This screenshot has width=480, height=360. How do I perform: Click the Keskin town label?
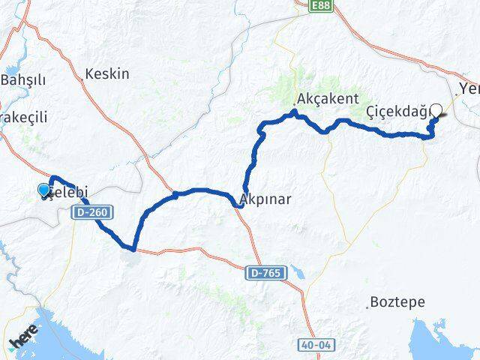pos(108,74)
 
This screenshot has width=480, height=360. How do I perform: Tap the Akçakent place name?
pos(328,99)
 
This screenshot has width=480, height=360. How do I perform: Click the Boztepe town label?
pos(397,302)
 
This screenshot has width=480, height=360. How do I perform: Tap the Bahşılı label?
pos(24,79)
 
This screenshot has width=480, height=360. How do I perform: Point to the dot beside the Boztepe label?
pos(367,305)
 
